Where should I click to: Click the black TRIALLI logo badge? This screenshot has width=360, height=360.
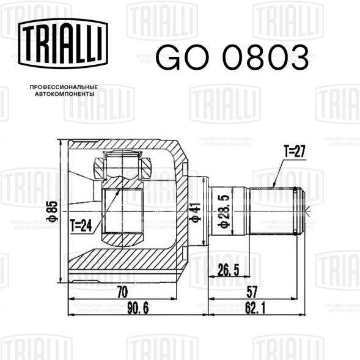63,43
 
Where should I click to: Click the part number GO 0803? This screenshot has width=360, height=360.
232,57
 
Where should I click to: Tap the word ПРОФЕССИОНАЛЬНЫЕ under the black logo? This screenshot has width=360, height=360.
64,87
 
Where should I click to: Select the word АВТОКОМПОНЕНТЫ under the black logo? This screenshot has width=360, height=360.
65,94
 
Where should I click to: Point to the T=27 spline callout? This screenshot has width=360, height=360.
295,152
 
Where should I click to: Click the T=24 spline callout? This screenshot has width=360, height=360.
81,226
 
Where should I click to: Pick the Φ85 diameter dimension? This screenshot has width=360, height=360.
53,211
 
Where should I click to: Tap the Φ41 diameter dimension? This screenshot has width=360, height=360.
195,212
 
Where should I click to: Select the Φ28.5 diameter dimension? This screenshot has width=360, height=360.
223,211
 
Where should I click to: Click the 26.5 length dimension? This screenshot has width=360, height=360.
228,270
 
